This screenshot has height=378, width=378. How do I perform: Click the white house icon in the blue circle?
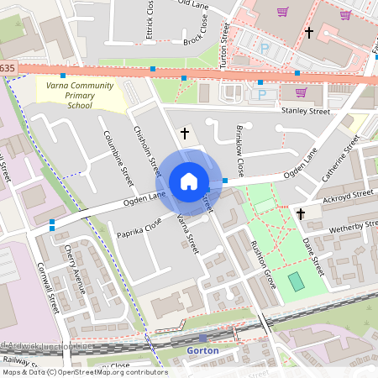189,181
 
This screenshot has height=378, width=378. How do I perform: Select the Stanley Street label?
306,110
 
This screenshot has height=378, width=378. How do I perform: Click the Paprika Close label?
139,225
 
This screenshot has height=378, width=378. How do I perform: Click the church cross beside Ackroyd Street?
300,214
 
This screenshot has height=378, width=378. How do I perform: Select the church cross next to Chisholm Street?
185,133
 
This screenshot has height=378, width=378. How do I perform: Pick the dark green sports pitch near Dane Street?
297,281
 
